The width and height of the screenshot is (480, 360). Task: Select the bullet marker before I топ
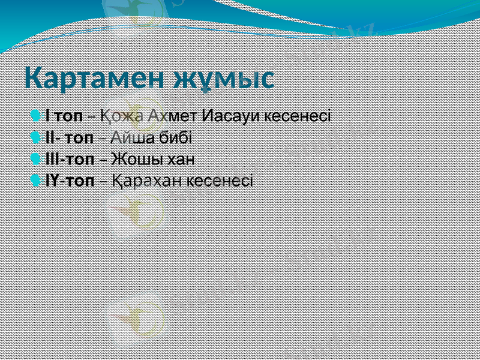[38, 114]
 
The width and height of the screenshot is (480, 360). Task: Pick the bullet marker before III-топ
[38, 158]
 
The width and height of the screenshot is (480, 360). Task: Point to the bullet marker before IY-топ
[38, 180]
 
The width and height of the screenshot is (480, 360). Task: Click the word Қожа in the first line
[121, 115]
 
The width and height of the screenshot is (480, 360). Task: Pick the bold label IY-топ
[70, 181]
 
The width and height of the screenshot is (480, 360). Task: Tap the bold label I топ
[64, 115]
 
